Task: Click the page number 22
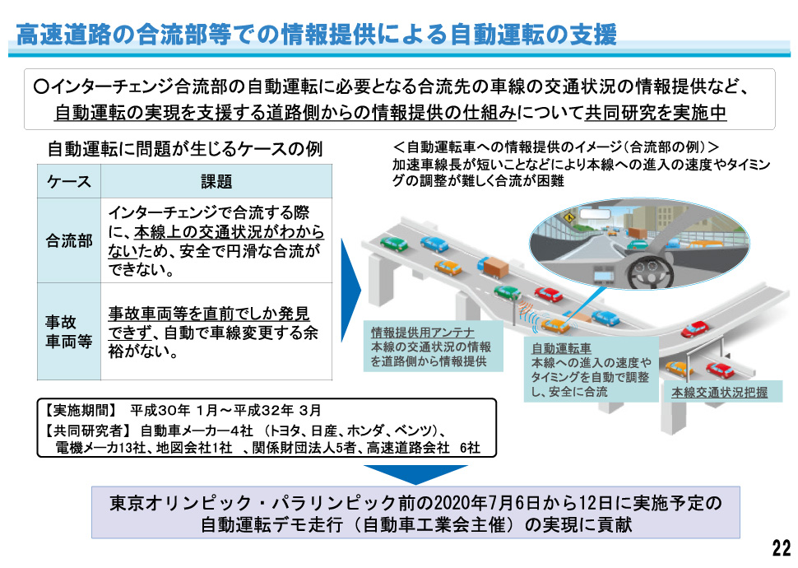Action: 782,547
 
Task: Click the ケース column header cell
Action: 69,181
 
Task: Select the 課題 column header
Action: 216,181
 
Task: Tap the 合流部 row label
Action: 69,240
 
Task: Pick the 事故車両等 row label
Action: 69,332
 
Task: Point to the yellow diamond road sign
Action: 569,218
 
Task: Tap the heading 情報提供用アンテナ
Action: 422,333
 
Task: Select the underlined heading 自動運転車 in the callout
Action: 561,348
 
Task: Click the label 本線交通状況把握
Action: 719,393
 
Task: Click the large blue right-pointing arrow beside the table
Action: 350,291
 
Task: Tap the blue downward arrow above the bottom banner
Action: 415,474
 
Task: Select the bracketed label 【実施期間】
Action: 81,410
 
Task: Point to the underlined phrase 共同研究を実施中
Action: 656,113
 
